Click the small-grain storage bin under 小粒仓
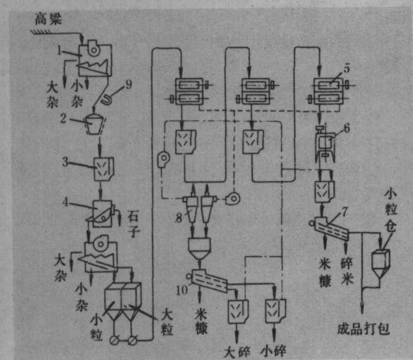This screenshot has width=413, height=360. click(x=383, y=262)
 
